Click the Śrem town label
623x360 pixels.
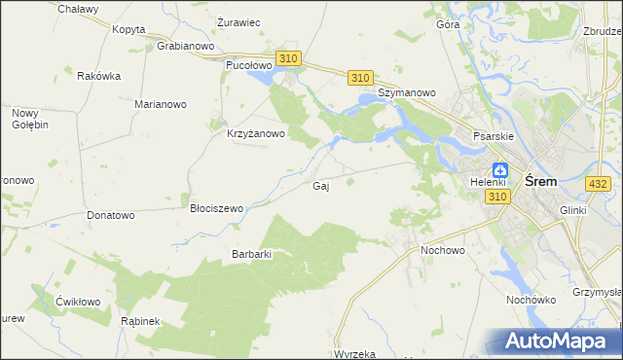(540, 181)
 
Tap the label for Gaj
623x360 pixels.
(319, 186)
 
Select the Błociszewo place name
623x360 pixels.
(216, 207)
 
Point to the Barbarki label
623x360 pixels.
(250, 254)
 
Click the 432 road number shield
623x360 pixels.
(599, 183)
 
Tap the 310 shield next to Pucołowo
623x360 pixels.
(287, 59)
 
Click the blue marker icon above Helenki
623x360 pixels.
(499, 168)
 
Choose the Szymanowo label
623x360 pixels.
(407, 92)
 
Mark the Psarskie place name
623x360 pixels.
(493, 137)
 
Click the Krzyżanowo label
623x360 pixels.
(255, 134)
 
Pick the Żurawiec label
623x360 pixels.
(238, 21)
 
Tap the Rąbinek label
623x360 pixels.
(140, 320)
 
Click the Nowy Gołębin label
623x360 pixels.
(30, 119)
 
